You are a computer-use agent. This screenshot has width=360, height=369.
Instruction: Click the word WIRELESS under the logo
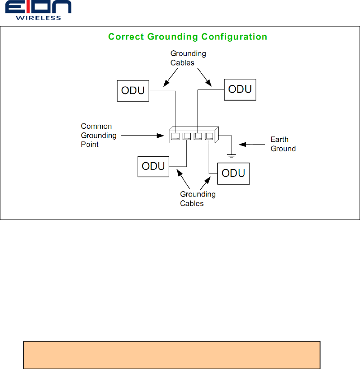38,18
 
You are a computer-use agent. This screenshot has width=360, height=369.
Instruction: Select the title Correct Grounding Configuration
187,37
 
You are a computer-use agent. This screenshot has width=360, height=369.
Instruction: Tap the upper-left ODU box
133,90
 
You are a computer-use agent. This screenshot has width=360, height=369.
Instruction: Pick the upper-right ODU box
240,89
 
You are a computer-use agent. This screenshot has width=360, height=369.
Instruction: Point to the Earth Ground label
283,144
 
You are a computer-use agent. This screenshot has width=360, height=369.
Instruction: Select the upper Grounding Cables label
188,58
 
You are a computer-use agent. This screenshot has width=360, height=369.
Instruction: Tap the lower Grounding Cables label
198,198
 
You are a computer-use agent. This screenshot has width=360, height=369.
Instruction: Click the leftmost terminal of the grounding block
176,136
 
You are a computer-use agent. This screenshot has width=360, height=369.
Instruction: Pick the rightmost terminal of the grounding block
208,136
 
